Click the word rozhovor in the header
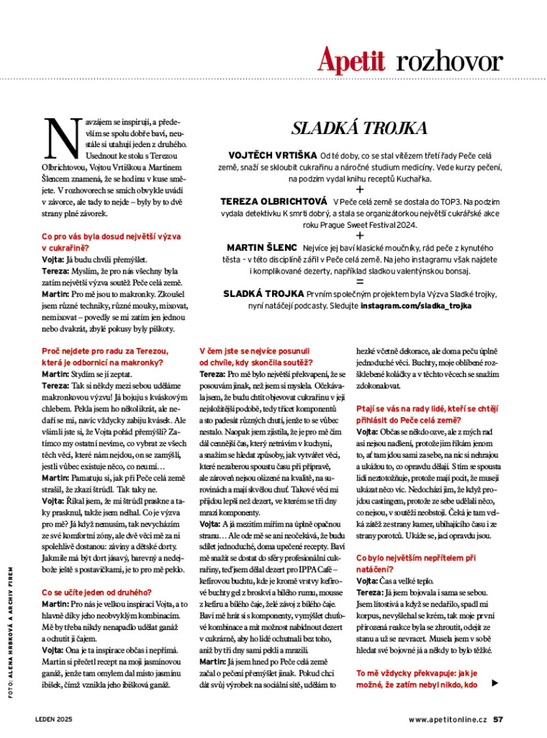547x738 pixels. (x=449, y=62)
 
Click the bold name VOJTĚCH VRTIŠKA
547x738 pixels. (x=269, y=157)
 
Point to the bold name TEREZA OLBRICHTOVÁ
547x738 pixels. (x=273, y=202)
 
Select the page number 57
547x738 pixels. (x=498, y=719)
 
